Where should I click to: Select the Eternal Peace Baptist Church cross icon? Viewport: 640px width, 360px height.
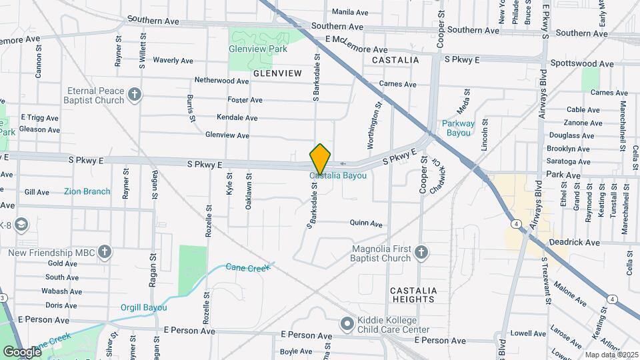point(135,94)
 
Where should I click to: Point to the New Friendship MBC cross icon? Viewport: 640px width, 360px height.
point(104,251)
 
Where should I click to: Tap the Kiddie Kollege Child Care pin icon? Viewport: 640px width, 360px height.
point(347,324)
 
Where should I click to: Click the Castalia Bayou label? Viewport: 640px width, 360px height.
point(337,176)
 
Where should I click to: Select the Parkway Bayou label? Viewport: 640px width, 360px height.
point(458,128)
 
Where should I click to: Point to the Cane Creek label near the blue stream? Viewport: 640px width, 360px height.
point(247,267)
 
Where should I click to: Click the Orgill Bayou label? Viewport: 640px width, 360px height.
point(144,307)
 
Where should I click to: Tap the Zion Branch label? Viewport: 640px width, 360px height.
point(87,191)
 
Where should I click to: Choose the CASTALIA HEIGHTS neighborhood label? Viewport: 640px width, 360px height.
point(413,295)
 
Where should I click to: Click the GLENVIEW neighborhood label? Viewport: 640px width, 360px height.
point(277,71)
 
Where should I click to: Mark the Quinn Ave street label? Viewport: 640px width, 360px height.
point(367,224)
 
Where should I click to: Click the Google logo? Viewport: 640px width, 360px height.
point(22,351)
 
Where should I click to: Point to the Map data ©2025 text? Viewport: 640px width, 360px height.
point(611,355)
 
